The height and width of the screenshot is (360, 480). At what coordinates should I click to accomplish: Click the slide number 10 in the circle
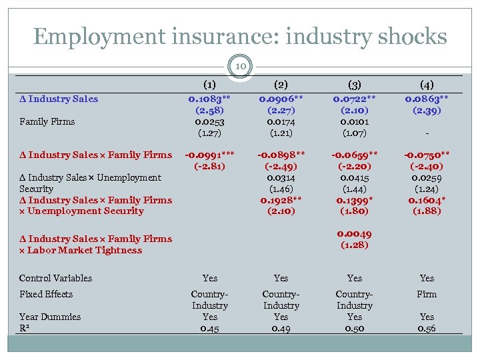(239, 65)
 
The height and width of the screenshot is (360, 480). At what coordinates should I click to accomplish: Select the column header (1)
(209, 85)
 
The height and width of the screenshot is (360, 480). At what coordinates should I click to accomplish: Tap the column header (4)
(427, 85)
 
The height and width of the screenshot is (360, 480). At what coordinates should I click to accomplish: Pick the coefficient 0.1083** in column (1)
(209, 99)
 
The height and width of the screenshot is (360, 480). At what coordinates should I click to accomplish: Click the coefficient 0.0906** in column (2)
(281, 99)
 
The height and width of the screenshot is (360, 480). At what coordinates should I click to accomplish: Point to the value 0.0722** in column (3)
(355, 99)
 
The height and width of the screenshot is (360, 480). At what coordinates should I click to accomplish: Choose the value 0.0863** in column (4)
(427, 99)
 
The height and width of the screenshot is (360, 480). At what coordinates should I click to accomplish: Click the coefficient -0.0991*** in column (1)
(209, 155)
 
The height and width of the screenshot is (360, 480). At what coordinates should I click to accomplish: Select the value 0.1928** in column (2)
(281, 199)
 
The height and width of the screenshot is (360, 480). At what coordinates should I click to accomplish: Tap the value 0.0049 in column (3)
(355, 233)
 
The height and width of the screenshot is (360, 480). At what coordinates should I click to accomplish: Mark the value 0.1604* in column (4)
(427, 199)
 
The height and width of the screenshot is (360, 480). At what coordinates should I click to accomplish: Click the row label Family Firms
(47, 121)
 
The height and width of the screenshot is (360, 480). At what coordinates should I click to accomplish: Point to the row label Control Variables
(55, 278)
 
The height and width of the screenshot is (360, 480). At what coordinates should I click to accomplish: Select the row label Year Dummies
(49, 317)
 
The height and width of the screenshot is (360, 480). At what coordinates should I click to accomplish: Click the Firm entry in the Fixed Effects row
(427, 294)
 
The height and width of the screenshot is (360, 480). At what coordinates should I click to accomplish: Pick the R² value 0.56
(427, 328)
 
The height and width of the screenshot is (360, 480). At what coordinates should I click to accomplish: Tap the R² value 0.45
(209, 328)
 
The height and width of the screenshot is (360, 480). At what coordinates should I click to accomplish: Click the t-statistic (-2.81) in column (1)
(209, 166)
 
